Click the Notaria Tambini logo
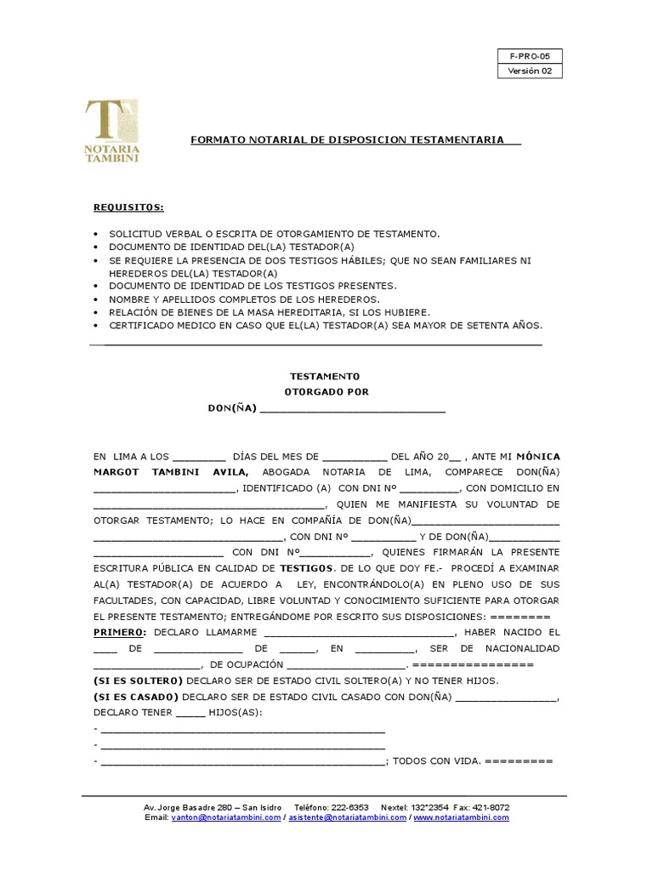[x=112, y=132]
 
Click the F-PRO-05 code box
[x=530, y=57]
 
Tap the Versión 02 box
[x=530, y=71]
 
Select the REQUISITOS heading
[x=128, y=208]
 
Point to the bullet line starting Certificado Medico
[x=326, y=326]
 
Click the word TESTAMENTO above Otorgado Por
[x=325, y=376]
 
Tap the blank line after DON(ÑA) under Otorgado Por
[x=352, y=408]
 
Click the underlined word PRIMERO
[x=120, y=632]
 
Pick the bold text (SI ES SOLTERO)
[x=138, y=681]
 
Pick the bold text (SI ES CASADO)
[x=137, y=697]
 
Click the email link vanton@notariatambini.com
[x=225, y=817]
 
